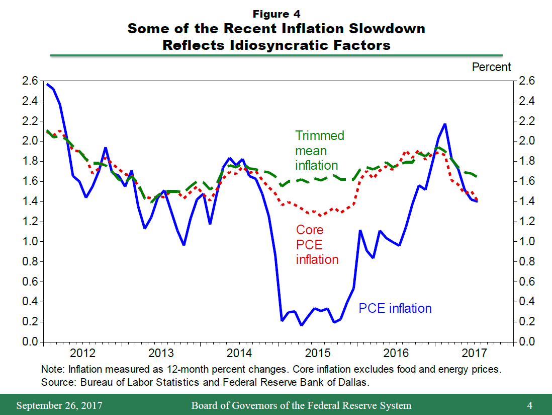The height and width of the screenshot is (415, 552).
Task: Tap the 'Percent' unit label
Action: [x=491, y=67]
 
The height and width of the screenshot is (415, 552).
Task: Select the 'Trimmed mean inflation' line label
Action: [x=320, y=151]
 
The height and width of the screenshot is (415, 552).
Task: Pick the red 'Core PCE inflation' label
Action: [x=317, y=244]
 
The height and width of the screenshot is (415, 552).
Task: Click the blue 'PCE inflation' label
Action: [x=395, y=308]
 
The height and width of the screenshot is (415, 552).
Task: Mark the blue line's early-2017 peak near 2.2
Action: [x=445, y=124]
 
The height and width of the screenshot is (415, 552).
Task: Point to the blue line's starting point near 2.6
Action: [x=47, y=84]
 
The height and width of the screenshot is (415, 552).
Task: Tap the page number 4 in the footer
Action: [x=529, y=405]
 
